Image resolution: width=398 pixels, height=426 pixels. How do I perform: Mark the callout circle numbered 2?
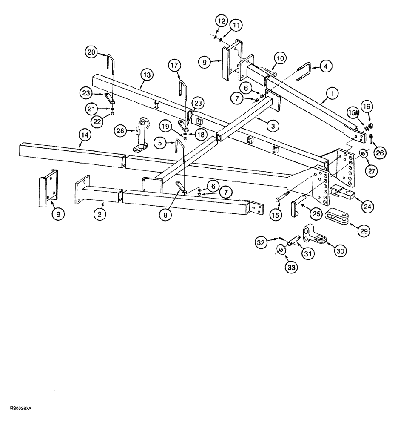click(x=99, y=214)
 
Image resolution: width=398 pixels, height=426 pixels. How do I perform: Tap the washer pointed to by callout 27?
click(x=364, y=153)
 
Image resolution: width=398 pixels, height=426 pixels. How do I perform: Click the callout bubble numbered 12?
click(x=220, y=21)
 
